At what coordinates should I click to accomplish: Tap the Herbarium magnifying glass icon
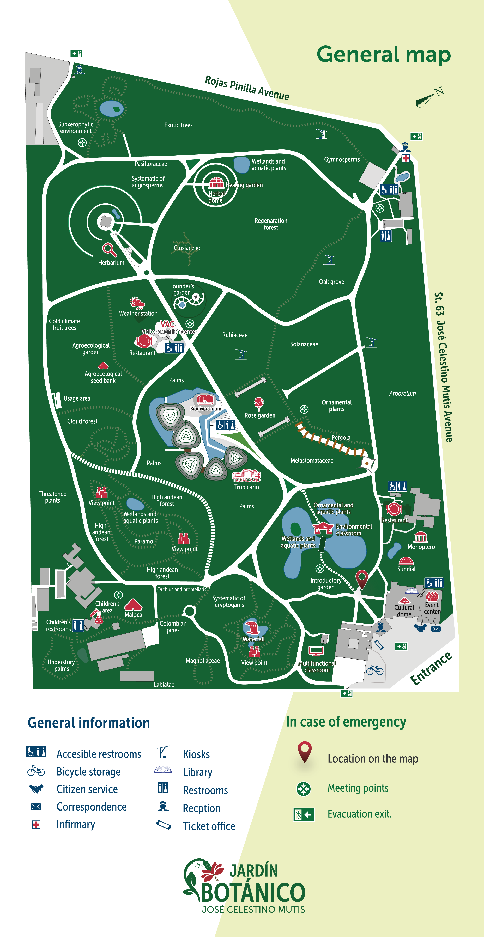pyautogui.click(x=109, y=250)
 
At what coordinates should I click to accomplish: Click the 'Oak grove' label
pyautogui.click(x=331, y=282)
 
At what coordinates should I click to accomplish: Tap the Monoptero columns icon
pyautogui.click(x=420, y=537)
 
